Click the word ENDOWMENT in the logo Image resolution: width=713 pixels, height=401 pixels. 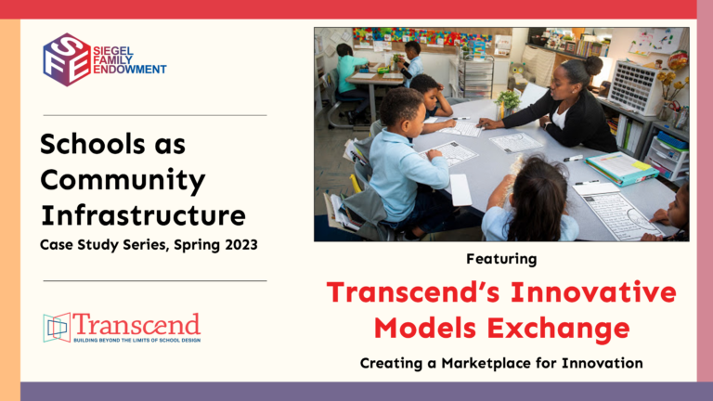pyautogui.click(x=130, y=70)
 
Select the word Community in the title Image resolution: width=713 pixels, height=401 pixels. pyautogui.click(x=123, y=180)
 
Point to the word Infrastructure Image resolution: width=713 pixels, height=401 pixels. pyautogui.click(x=143, y=215)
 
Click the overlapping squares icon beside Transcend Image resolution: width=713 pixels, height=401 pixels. pyautogui.click(x=57, y=328)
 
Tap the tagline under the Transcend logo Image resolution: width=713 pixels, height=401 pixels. pyautogui.click(x=136, y=340)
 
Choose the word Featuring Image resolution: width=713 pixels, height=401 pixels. pyautogui.click(x=501, y=259)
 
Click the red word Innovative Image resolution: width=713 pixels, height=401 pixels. pyautogui.click(x=593, y=291)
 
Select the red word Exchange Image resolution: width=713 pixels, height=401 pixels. pyautogui.click(x=558, y=329)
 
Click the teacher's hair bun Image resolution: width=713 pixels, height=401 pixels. pyautogui.click(x=593, y=65)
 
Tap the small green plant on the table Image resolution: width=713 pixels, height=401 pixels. pyautogui.click(x=508, y=102)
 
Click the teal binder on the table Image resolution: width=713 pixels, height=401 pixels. pyautogui.click(x=621, y=168)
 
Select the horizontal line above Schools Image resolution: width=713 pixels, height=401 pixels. pyautogui.click(x=155, y=115)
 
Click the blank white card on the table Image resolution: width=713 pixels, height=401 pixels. pyautogui.click(x=461, y=190)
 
